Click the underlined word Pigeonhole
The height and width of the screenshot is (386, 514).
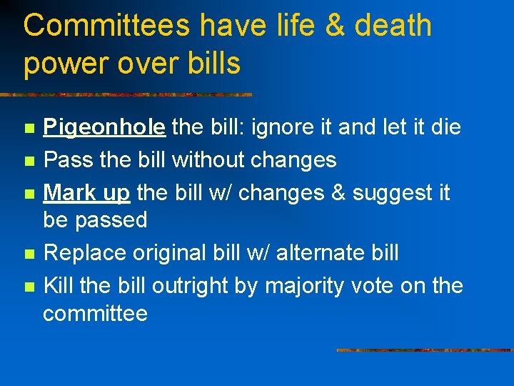coord(105,128)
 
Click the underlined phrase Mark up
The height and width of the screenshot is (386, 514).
coord(86,192)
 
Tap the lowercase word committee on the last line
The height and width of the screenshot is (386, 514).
coord(96,313)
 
